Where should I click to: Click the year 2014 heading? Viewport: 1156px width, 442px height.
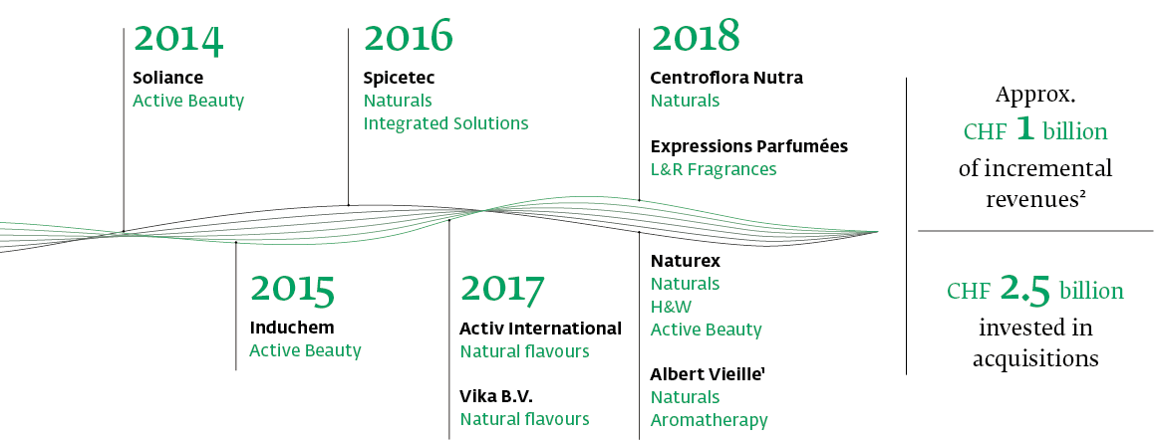tap(178, 40)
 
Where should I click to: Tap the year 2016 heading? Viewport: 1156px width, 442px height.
tap(409, 36)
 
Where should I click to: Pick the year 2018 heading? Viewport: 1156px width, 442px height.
tap(696, 36)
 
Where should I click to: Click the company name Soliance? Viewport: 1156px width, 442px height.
tap(168, 78)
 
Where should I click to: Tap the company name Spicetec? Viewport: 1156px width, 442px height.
tap(399, 78)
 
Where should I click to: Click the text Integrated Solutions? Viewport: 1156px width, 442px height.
tap(446, 123)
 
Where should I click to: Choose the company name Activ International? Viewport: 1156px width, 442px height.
tap(541, 328)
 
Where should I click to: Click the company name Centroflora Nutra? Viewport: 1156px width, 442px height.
tap(726, 78)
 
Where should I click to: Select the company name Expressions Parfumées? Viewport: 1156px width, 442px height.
tap(749, 146)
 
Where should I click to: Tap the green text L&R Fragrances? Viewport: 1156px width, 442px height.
tap(714, 169)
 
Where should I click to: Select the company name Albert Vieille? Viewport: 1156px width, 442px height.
tap(708, 374)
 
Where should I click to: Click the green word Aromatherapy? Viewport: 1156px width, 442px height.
tap(710, 421)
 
